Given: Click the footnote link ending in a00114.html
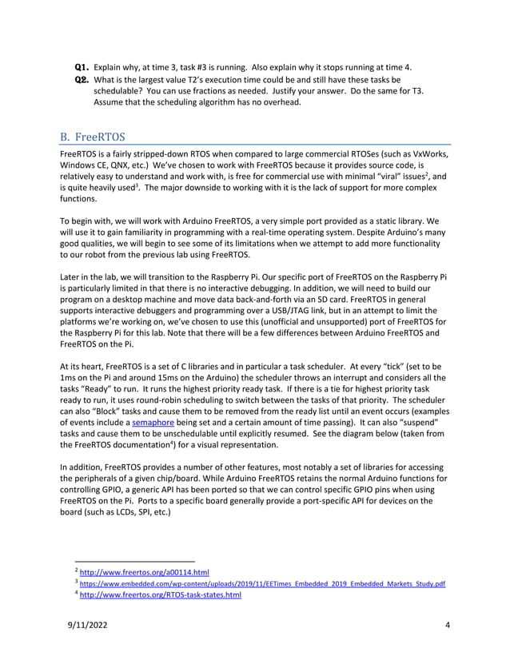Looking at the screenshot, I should tap(144, 572).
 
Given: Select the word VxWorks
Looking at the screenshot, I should tap(430, 152).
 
